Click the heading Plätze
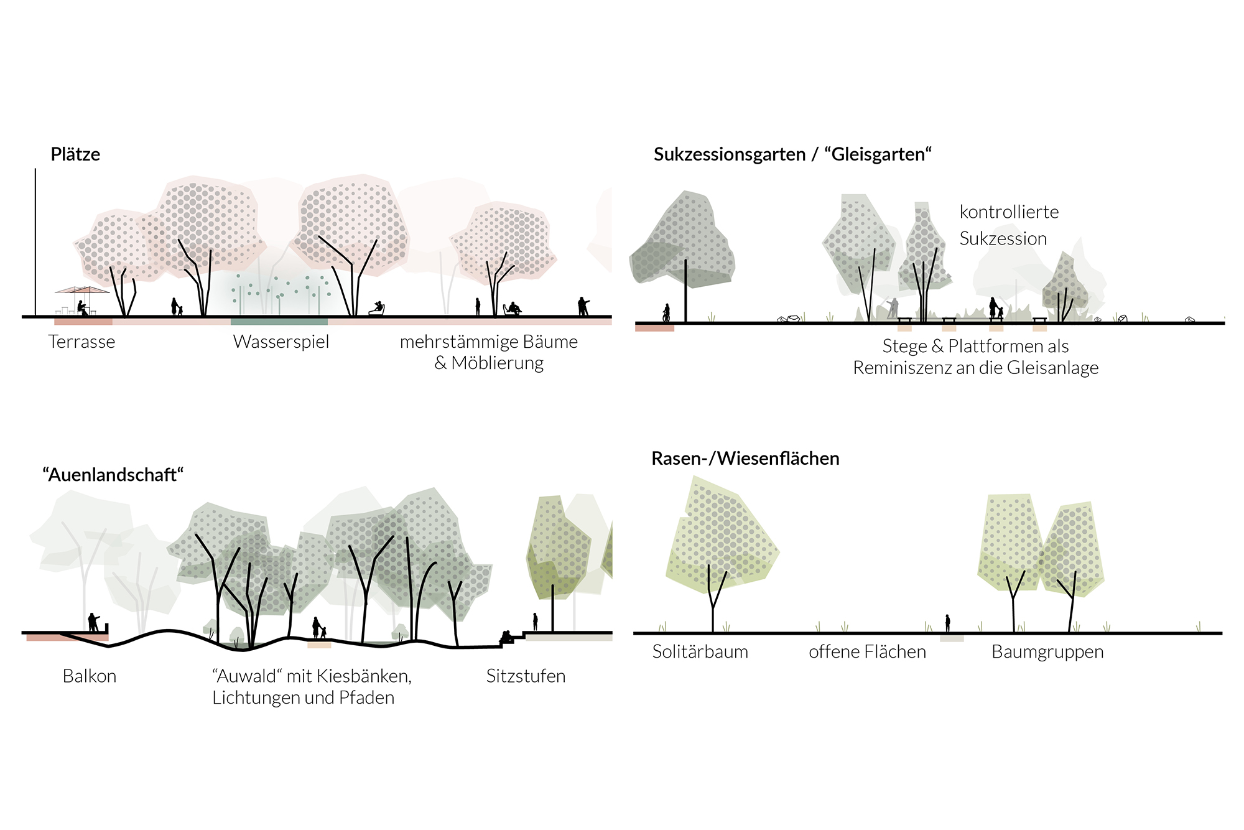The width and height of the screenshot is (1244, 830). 75,154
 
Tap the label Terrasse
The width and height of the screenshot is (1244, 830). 81,342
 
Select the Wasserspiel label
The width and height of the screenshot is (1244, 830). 281,342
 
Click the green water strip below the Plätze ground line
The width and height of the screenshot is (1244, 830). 279,322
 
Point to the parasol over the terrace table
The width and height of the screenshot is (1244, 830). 82,290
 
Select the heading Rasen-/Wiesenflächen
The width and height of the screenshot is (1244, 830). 745,459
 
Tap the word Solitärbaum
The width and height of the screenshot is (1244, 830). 700,652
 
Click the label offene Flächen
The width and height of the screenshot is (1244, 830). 867,652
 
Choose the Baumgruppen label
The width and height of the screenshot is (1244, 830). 1047,652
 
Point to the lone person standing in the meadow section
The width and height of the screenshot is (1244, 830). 947,623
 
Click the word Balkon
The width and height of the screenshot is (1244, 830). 90,676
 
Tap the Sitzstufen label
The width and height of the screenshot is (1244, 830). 526,676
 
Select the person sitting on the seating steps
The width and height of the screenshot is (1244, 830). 506,637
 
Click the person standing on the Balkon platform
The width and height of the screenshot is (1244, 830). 93,622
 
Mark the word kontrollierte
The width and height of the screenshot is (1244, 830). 1009,212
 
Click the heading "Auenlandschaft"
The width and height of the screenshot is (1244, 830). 113,475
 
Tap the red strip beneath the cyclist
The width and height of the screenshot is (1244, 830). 654,328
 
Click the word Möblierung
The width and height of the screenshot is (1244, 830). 498,363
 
